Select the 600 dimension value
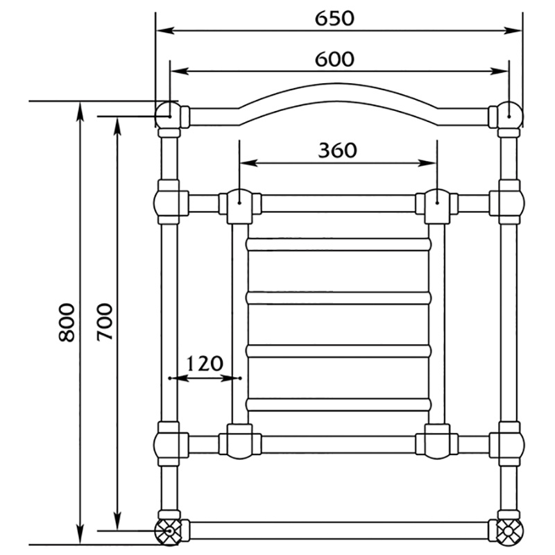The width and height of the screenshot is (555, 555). click(334, 60)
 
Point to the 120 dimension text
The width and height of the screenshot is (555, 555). click(205, 364)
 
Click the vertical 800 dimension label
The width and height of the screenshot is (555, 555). click(66, 323)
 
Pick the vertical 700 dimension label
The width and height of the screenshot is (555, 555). click(104, 323)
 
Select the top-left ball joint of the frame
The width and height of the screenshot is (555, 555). click(166, 114)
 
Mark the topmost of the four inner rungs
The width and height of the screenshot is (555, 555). click(339, 244)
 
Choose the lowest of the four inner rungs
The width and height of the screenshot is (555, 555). click(339, 404)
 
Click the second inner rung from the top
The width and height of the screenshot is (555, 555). click(339, 298)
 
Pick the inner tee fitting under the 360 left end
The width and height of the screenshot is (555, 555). click(239, 205)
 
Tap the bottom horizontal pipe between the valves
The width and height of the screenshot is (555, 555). click(339, 532)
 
